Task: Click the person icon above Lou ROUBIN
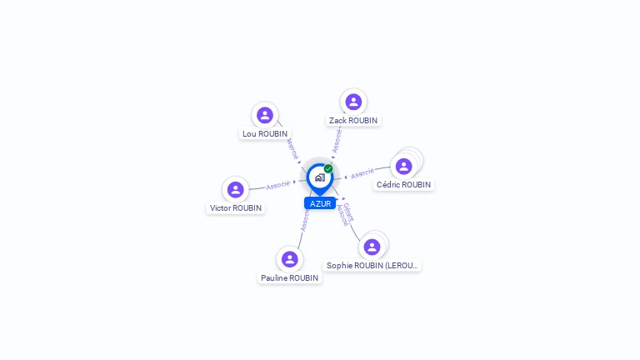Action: click(x=265, y=115)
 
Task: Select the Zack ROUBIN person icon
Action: click(x=353, y=102)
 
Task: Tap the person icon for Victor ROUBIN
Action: click(x=236, y=189)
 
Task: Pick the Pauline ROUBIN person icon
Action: click(x=289, y=259)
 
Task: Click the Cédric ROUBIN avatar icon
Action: click(x=404, y=166)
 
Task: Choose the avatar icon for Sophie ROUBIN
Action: click(x=372, y=247)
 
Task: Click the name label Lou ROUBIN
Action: click(x=265, y=133)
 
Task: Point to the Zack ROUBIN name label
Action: click(x=353, y=120)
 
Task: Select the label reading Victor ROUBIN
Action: click(x=236, y=207)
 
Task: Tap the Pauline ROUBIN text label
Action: click(x=289, y=277)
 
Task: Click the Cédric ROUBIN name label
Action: click(x=404, y=184)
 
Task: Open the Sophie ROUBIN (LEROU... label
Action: click(x=372, y=265)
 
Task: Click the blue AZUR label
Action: click(x=320, y=203)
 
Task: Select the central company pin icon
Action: click(x=319, y=177)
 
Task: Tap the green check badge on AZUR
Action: click(x=328, y=168)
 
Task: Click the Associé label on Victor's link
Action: click(x=278, y=184)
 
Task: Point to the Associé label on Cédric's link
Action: click(x=362, y=174)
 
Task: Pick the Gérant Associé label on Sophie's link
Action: click(x=346, y=214)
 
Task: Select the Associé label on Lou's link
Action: click(x=292, y=148)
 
